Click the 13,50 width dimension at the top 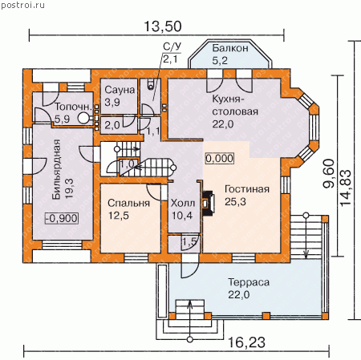coord(163,26)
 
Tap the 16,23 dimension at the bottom coord(246,342)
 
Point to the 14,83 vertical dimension coord(345,188)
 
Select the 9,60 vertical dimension coord(329,173)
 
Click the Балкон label coord(230,48)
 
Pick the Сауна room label coord(120,90)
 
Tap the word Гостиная coord(247,189)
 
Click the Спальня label coord(128,203)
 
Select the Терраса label coord(249,282)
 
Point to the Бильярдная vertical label coord(56,169)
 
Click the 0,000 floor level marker coord(220,158)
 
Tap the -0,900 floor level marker coord(62,218)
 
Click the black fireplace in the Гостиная coord(208,203)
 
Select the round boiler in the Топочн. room coord(83,118)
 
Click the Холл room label coord(183,203)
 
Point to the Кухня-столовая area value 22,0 coord(223,124)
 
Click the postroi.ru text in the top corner coord(22,6)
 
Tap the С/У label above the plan coord(172,47)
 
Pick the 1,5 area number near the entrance coord(190,241)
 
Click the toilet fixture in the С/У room coord(151,83)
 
